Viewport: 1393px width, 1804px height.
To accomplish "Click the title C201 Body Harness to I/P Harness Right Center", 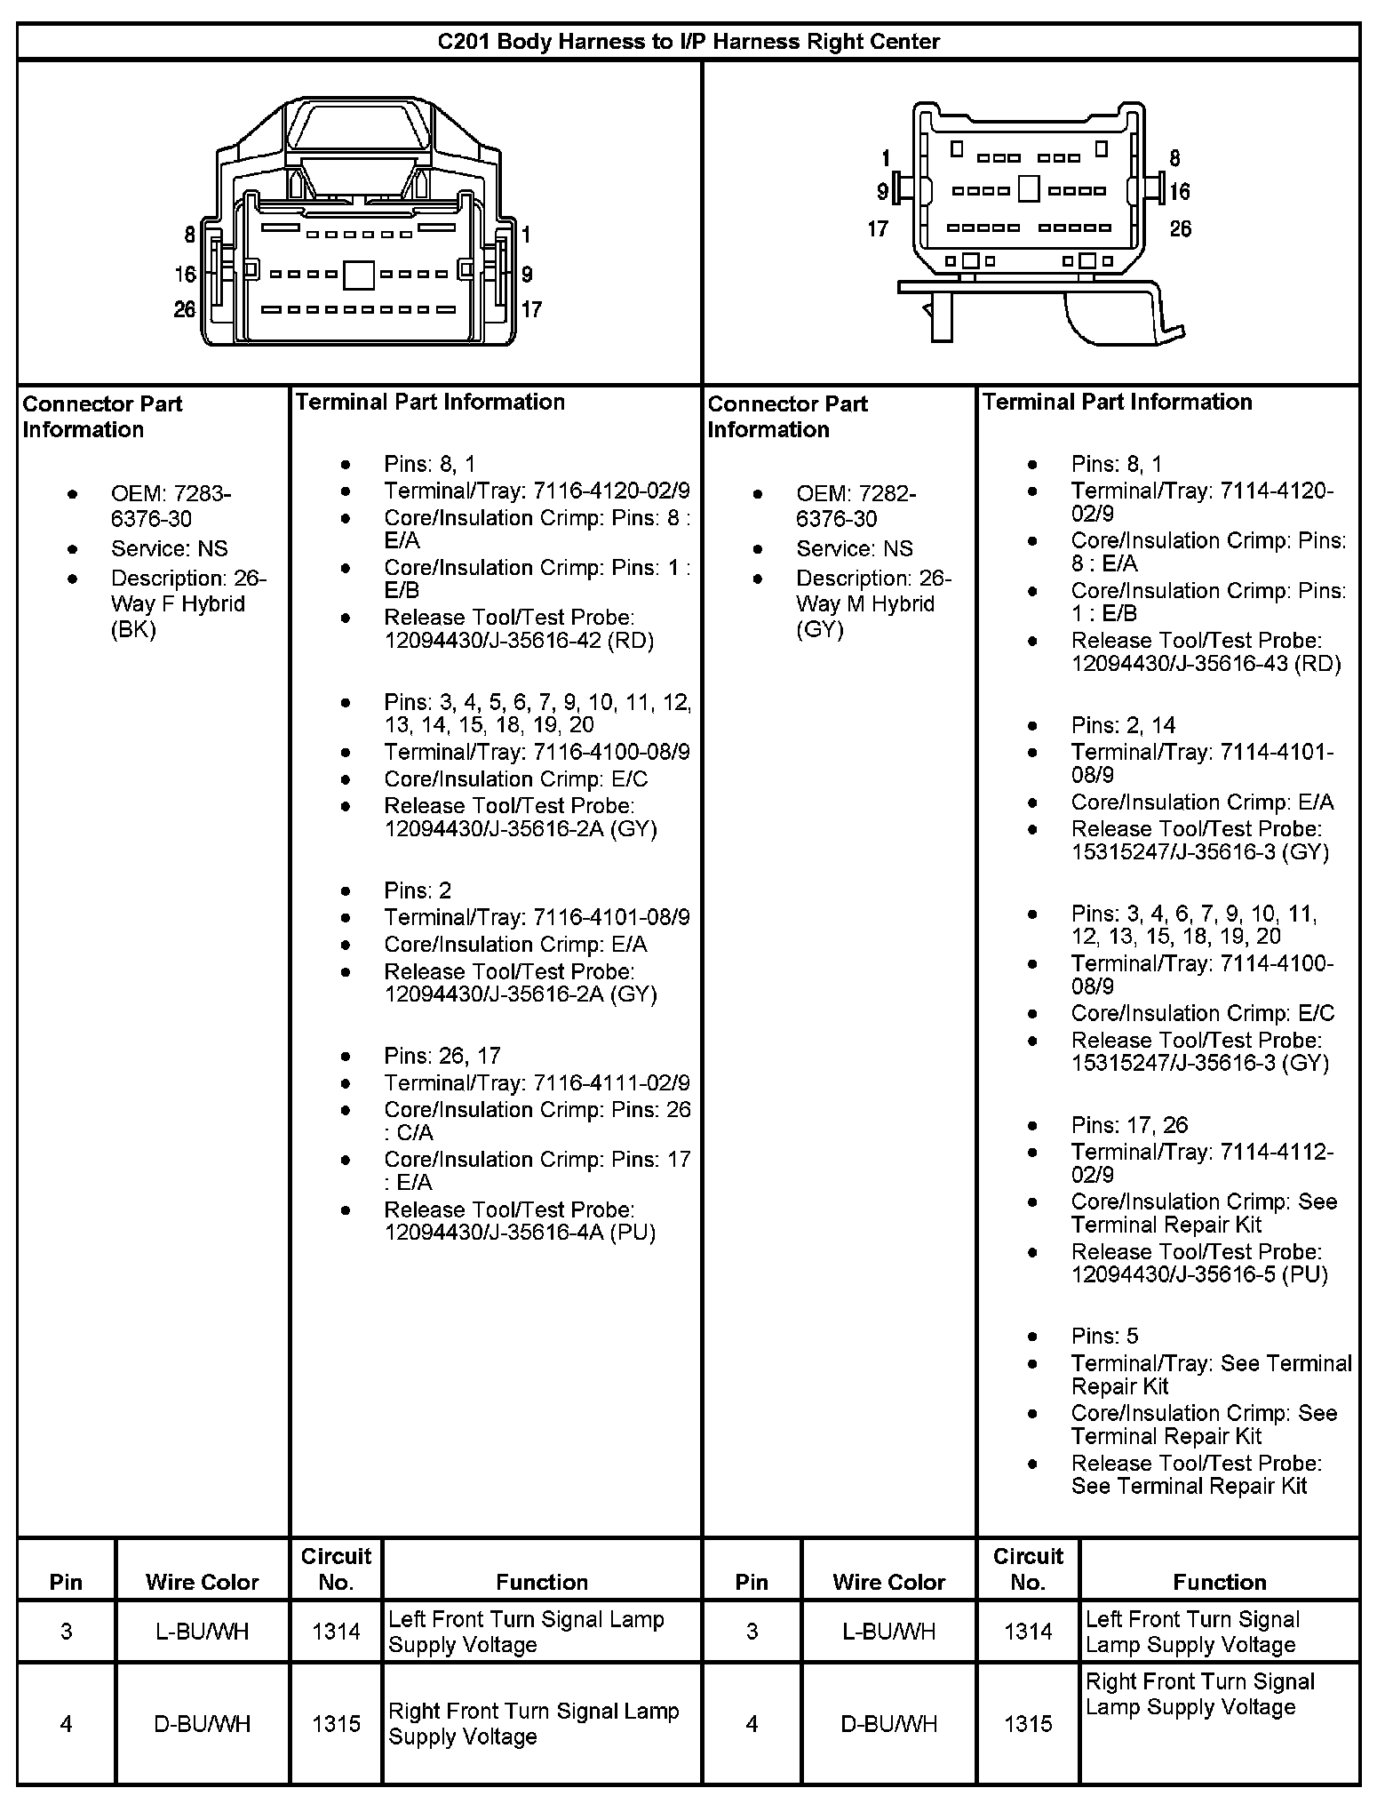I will click(689, 42).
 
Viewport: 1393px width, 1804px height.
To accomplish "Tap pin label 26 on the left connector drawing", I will click(185, 309).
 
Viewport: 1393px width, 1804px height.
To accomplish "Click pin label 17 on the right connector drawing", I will click(878, 229).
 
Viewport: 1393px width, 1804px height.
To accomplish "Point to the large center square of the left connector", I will click(359, 275).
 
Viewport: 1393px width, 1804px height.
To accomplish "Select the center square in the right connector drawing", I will click(1028, 188).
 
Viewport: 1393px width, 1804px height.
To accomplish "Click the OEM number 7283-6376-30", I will click(171, 506).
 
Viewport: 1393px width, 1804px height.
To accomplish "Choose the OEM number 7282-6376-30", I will click(856, 506).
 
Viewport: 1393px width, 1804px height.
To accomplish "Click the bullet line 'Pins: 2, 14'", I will click(1123, 725).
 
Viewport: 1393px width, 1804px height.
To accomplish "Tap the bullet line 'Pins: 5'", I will click(1104, 1336).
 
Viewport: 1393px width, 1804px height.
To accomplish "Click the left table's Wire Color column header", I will click(203, 1582).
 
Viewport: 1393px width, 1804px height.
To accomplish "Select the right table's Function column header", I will click(1219, 1582).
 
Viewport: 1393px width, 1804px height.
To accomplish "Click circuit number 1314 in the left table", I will click(336, 1631).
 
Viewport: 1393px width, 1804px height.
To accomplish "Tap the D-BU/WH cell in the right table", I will click(888, 1724).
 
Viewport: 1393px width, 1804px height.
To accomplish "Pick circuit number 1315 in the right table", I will click(1028, 1724).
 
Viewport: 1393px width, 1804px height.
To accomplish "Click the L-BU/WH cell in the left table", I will click(203, 1631).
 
